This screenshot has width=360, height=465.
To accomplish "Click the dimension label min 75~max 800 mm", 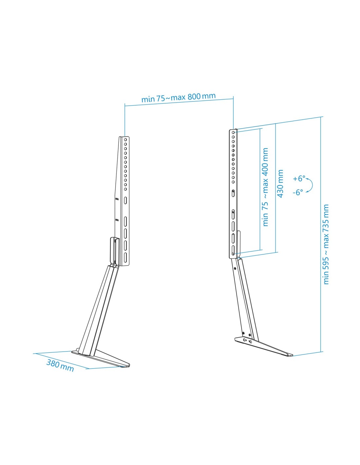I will tap(178, 97).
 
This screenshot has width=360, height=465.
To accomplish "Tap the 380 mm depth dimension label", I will tap(60, 365).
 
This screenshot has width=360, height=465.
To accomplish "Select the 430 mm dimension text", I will tap(280, 183).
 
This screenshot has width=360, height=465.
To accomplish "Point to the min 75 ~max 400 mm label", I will tap(265, 187).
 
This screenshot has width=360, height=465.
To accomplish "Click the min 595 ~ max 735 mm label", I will tap(326, 244).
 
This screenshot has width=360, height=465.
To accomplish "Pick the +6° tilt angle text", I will tap(299, 179).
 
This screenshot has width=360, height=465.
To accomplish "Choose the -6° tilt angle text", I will tap(298, 192).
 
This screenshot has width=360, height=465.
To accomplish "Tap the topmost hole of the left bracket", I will tap(125, 140).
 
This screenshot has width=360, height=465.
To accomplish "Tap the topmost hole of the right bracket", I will tap(233, 133).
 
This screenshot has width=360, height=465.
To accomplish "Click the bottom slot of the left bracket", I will tap(125, 257).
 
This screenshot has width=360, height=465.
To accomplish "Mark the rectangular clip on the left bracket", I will tap(113, 250).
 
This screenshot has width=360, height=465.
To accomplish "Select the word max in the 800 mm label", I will tap(178, 97).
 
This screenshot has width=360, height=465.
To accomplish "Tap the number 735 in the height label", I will tap(326, 226).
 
